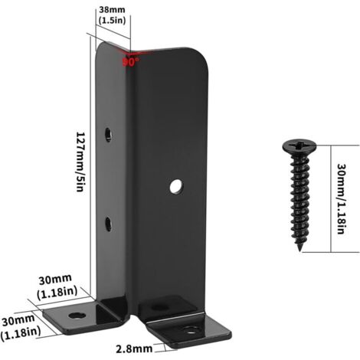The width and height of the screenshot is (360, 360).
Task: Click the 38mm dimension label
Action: tap(112, 10)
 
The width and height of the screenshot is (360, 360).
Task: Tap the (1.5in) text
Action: tap(112, 21)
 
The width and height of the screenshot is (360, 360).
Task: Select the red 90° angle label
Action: tap(131, 62)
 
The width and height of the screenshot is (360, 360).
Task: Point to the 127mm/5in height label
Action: tap(81, 162)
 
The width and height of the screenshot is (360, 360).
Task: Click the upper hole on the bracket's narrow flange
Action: tap(109, 134)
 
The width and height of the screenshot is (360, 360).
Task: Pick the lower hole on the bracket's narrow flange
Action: tap(108, 224)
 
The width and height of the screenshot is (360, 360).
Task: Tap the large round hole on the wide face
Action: tap(176, 187)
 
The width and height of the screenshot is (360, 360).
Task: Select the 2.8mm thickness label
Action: tap(134, 349)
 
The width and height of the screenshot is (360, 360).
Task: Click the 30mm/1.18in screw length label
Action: tap(341, 198)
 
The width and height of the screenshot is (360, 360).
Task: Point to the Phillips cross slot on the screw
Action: tap(299, 145)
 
